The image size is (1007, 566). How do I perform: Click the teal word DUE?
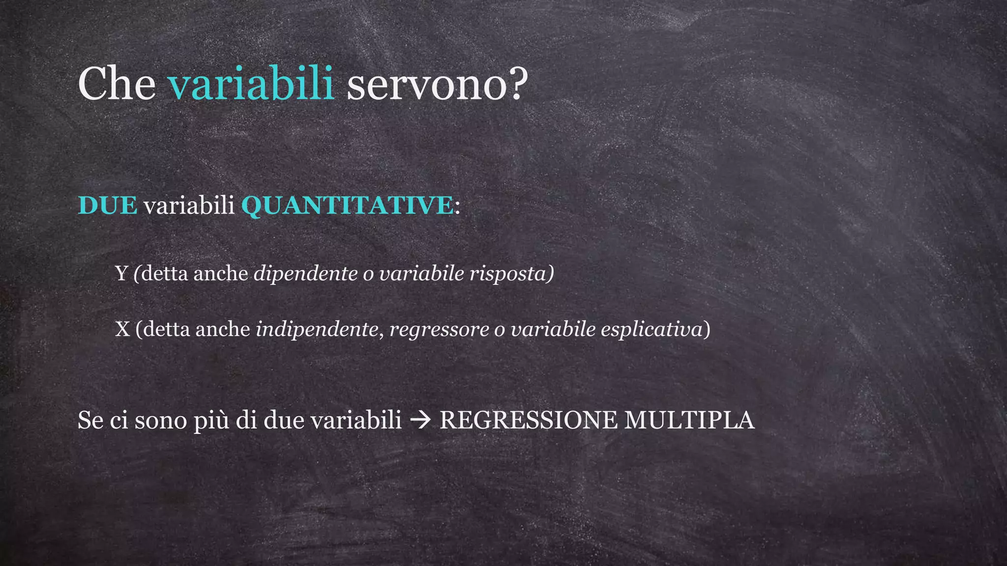(x=107, y=205)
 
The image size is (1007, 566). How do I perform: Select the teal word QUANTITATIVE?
(x=347, y=205)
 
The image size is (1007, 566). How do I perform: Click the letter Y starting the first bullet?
(x=121, y=274)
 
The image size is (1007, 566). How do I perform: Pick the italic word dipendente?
(x=305, y=274)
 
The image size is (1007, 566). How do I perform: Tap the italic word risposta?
(x=508, y=274)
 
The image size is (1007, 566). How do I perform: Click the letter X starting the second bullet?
(x=122, y=329)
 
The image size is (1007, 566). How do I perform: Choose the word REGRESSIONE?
(x=528, y=421)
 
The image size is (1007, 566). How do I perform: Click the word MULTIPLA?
(x=689, y=421)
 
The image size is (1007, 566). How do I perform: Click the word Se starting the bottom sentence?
(x=90, y=421)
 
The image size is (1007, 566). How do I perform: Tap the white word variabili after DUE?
(x=189, y=205)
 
